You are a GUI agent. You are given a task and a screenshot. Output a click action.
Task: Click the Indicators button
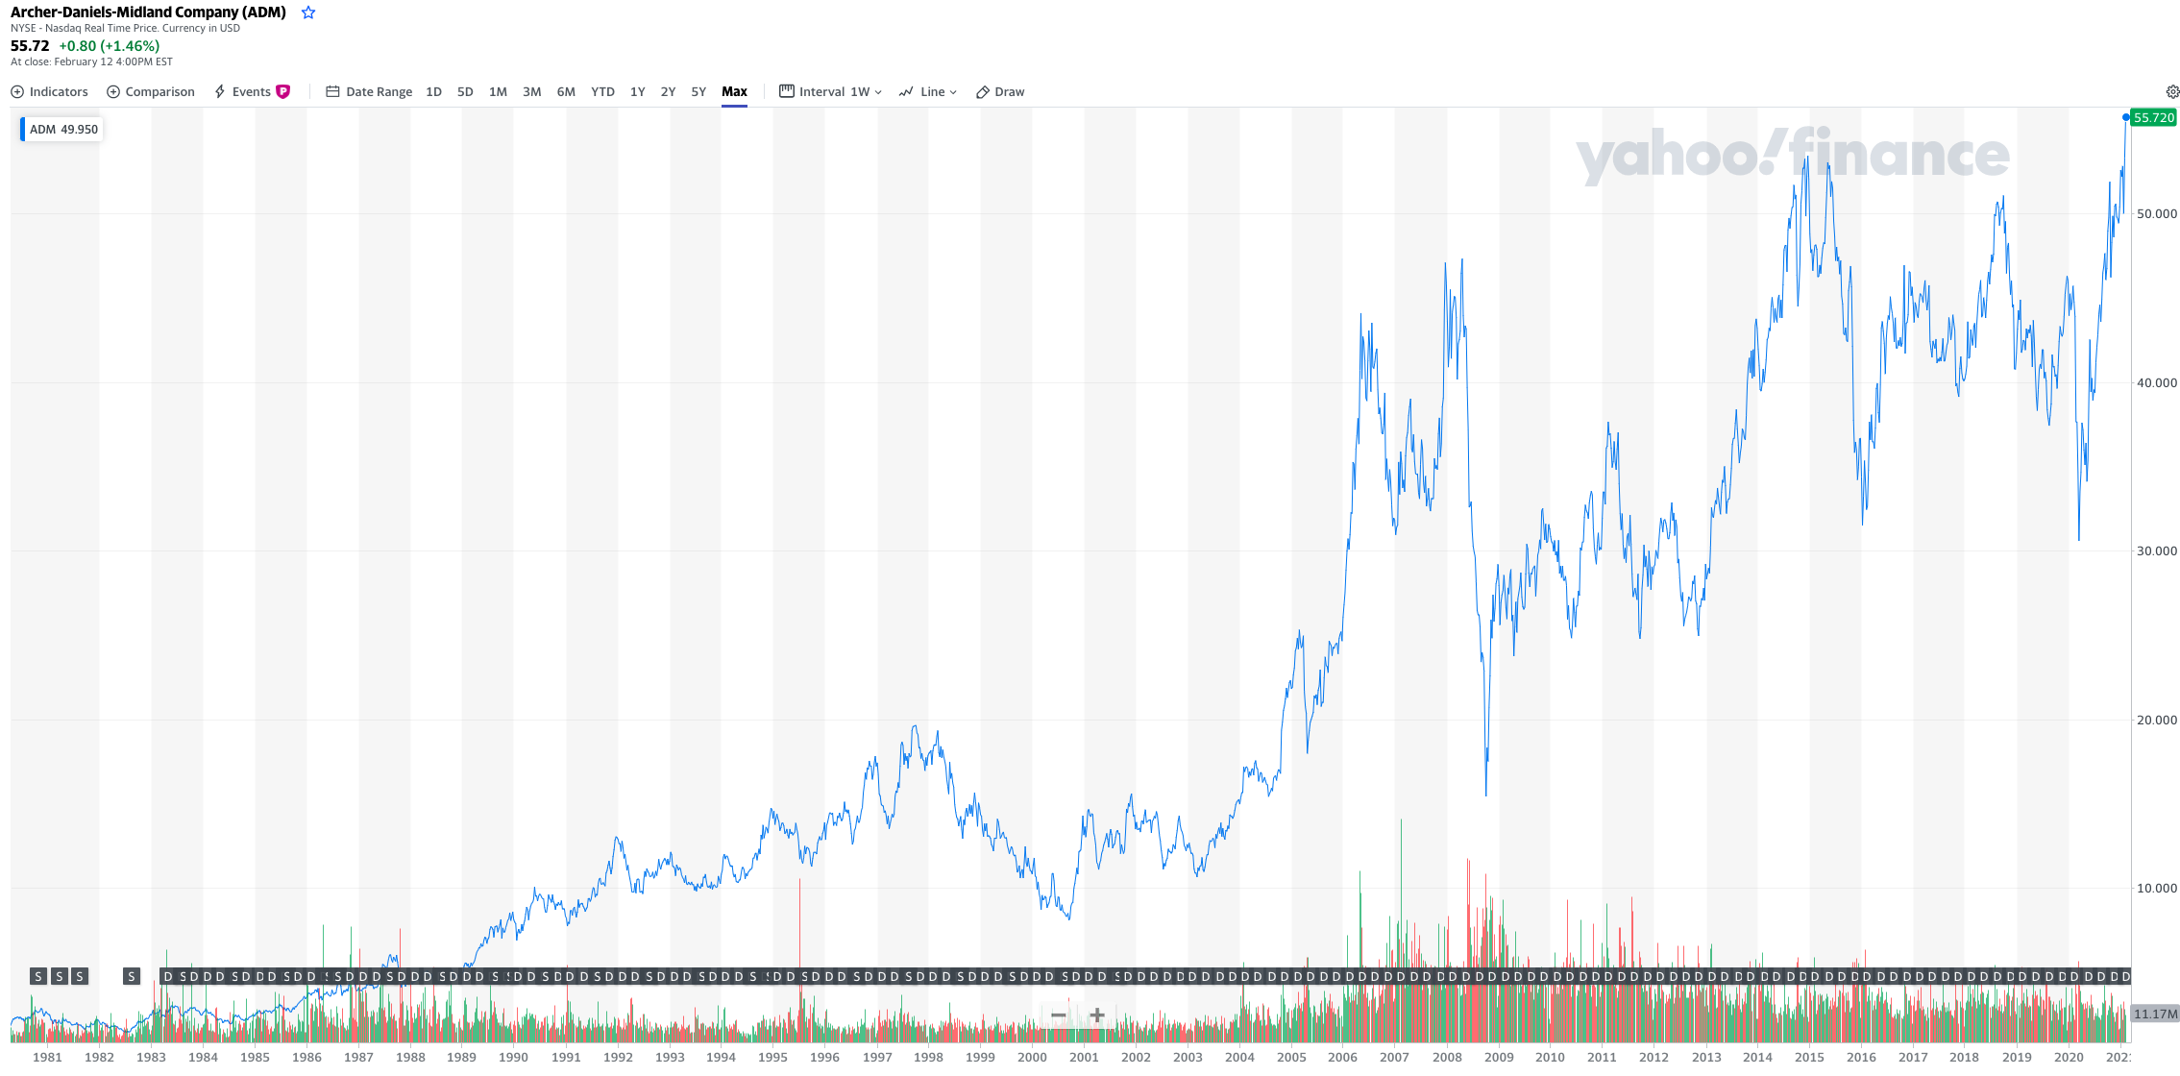[x=49, y=92]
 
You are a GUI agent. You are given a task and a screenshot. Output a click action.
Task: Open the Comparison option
[x=150, y=92]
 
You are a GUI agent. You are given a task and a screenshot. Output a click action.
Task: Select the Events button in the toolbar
[x=251, y=92]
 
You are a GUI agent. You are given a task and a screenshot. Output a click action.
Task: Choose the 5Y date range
[x=698, y=92]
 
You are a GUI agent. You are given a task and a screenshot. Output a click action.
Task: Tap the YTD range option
[x=602, y=92]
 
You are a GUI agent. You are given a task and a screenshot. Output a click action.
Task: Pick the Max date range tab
[x=734, y=92]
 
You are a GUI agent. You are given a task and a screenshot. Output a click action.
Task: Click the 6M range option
[x=566, y=92]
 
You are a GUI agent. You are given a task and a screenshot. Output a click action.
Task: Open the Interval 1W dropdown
[x=830, y=92]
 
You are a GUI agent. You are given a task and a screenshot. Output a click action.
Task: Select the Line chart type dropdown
[x=928, y=92]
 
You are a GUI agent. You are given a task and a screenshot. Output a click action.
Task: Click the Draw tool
[x=1000, y=92]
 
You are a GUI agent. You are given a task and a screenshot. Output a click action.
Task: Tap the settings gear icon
[x=2172, y=92]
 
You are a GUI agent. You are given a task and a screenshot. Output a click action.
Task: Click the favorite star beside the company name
[x=308, y=12]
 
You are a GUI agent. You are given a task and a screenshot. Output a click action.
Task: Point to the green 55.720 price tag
[x=2153, y=118]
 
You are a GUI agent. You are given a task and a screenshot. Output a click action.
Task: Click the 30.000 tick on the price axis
[x=2156, y=551]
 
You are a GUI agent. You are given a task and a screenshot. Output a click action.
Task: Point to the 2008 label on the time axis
[x=1447, y=1057]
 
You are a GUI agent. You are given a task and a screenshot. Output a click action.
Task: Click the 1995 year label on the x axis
[x=772, y=1057]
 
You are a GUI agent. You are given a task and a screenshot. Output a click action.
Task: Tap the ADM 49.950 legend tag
[x=62, y=130]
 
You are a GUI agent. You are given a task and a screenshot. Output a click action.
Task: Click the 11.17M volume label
[x=2155, y=1015]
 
